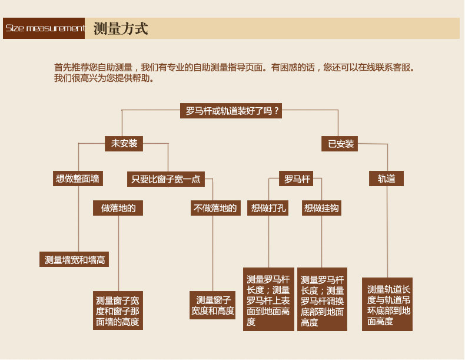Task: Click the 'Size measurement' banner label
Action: click(x=44, y=28)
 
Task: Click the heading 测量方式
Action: click(x=121, y=28)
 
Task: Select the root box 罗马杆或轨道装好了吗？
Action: click(x=231, y=111)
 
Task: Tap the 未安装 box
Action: click(x=124, y=143)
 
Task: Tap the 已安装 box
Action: click(x=341, y=143)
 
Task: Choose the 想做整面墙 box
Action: click(x=78, y=179)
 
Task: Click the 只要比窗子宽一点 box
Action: click(x=165, y=179)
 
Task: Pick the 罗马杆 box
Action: click(x=297, y=179)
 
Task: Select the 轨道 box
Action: click(x=387, y=179)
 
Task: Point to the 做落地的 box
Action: click(x=118, y=208)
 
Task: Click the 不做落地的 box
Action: click(x=215, y=208)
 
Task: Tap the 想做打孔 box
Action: click(x=268, y=208)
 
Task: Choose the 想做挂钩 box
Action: click(x=322, y=208)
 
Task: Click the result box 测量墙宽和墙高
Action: click(x=75, y=259)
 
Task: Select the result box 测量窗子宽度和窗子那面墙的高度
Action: click(x=118, y=311)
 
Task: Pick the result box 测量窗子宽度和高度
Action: click(x=212, y=305)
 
